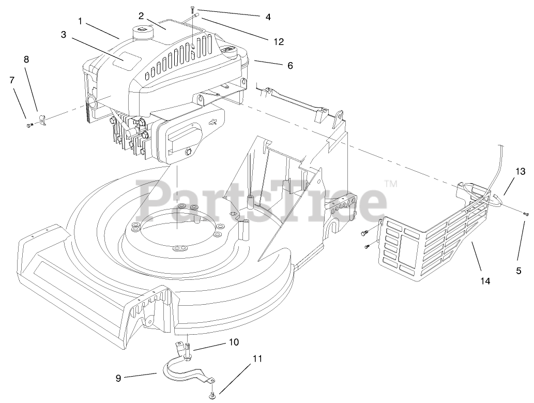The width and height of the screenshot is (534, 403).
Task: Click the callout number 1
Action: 81,21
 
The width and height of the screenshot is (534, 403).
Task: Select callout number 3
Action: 64,35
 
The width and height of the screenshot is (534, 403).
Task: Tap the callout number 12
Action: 279,42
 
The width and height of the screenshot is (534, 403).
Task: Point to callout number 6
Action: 290,66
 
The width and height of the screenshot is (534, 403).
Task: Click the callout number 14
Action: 485,281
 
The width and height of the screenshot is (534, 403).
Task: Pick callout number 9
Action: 118,378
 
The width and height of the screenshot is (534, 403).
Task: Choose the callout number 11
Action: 257,358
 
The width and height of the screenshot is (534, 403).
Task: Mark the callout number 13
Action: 520,171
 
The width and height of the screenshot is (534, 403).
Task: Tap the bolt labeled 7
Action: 29,124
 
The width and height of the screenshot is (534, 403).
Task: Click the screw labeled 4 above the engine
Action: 192,8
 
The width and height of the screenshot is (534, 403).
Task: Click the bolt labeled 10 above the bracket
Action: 187,352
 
